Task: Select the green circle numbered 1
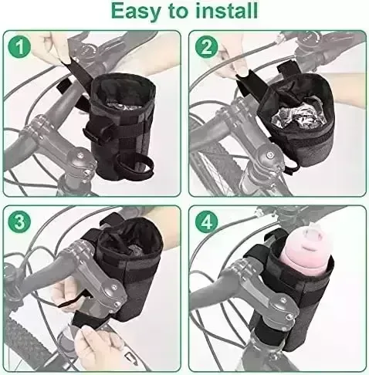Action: (x=19, y=47)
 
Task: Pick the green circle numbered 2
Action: (x=206, y=47)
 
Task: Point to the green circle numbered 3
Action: (x=19, y=222)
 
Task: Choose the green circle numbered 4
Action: (x=206, y=222)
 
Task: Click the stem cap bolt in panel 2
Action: (x=269, y=155)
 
